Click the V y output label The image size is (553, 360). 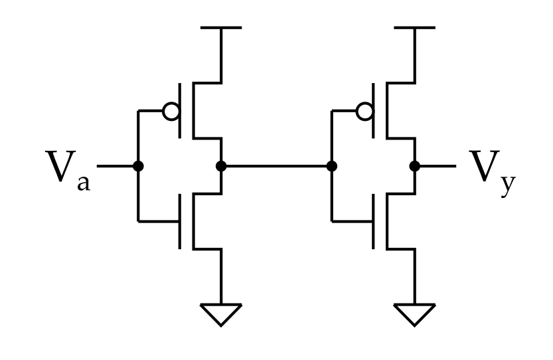click(493, 173)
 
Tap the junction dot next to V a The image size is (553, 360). click(138, 166)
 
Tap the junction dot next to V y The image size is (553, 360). click(415, 166)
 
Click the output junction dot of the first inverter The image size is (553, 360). click(221, 166)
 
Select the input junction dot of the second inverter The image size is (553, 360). click(331, 166)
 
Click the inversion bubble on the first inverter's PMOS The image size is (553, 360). click(171, 111)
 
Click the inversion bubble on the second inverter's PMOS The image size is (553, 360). click(364, 111)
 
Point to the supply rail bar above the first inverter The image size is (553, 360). click(221, 27)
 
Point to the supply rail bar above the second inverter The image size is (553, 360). click(415, 27)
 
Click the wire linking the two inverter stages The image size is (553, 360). click(276, 166)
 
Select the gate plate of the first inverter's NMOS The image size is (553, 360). click(180, 221)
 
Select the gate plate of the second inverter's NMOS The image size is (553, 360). click(374, 221)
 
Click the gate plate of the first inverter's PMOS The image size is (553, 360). click(180, 110)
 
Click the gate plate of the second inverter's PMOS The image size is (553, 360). click(374, 110)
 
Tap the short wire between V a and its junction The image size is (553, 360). click(115, 166)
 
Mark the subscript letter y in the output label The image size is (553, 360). click(509, 186)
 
